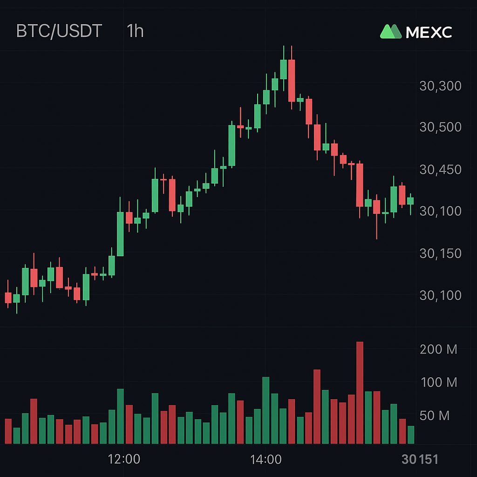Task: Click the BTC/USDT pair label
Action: click(59, 31)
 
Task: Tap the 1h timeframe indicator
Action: click(135, 31)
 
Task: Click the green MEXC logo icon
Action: click(390, 31)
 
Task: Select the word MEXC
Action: click(429, 32)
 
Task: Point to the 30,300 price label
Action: click(440, 86)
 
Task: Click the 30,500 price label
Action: click(440, 127)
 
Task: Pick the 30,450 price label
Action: click(440, 170)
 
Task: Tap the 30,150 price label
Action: click(440, 253)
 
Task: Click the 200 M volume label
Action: click(438, 349)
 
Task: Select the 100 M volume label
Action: click(439, 383)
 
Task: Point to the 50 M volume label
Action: click(435, 416)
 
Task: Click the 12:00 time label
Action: click(123, 460)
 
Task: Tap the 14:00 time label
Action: click(266, 460)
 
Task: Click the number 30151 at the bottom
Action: click(420, 460)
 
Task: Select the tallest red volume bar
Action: click(360, 393)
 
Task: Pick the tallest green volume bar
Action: click(266, 410)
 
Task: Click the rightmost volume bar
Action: click(410, 435)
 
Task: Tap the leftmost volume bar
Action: click(8, 431)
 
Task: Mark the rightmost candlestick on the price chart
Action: click(410, 201)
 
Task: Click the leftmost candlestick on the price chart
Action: click(8, 298)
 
